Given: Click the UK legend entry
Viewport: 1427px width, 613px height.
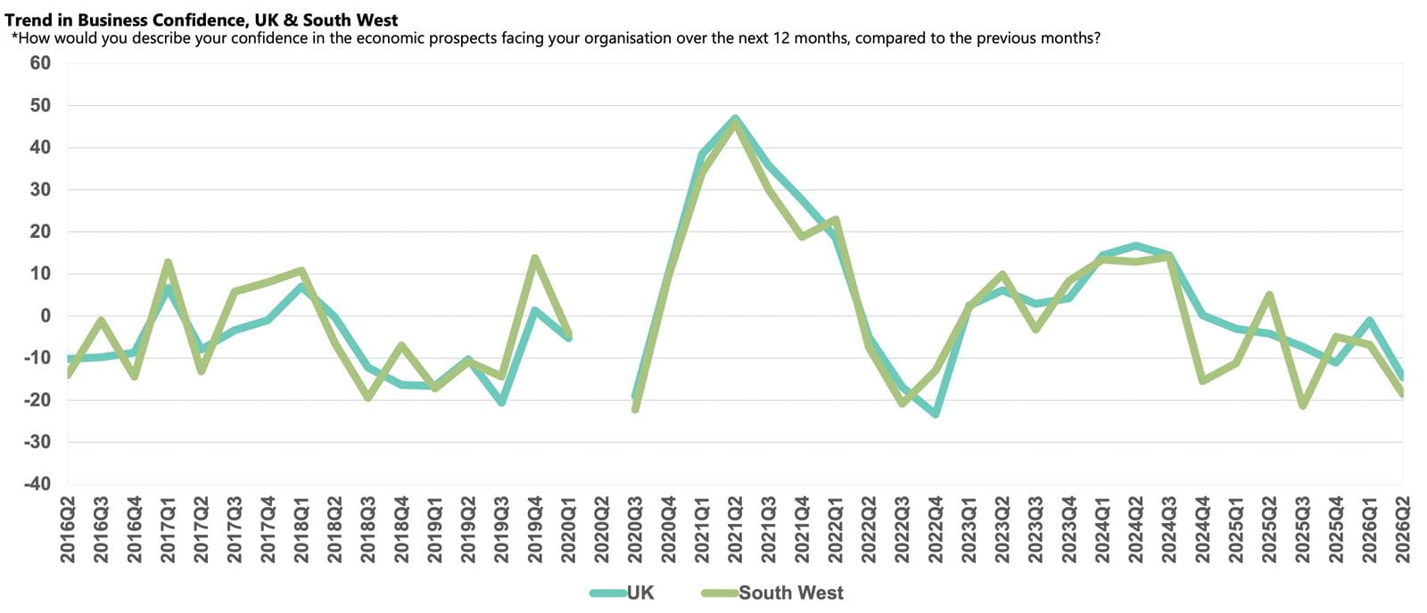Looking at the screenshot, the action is [x=623, y=593].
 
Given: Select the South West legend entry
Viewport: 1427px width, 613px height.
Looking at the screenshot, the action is [x=772, y=593].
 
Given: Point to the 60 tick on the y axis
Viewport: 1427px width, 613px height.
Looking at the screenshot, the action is [x=40, y=63].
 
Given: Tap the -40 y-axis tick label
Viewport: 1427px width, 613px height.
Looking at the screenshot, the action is [x=37, y=484].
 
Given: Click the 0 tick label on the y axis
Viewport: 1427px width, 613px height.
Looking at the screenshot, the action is [x=45, y=315].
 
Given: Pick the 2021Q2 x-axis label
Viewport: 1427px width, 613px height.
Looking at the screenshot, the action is [x=735, y=530].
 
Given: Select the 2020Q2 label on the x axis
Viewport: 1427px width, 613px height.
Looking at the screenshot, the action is [x=601, y=530].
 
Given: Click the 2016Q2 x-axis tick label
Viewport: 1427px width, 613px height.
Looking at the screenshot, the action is [x=68, y=530].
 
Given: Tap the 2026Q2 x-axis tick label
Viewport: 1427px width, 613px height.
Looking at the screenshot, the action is [x=1403, y=530].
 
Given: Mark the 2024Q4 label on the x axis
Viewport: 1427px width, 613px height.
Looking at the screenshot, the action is [x=1203, y=530].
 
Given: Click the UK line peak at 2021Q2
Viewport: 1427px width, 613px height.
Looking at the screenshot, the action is [x=735, y=119].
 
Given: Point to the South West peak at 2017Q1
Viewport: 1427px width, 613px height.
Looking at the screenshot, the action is [x=168, y=262].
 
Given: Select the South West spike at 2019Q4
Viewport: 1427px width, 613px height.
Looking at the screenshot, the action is [x=535, y=257].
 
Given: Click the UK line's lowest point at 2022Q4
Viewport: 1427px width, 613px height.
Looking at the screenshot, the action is [x=936, y=414].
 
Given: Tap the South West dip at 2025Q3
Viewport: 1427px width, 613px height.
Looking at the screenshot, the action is [x=1303, y=405].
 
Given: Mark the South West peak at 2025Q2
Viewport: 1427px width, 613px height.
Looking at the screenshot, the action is [x=1270, y=295].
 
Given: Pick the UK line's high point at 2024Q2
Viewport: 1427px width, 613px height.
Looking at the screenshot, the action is [x=1136, y=246].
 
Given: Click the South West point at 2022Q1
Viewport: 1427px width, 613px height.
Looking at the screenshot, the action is [x=836, y=219].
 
